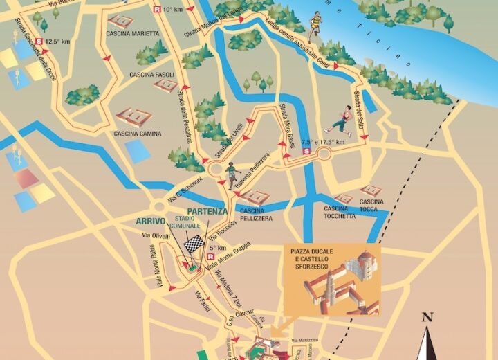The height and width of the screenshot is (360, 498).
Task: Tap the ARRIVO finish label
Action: pos(150,222)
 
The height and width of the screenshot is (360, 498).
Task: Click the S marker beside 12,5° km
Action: pos(39,42)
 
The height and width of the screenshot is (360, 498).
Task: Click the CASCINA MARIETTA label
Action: pos(133,33)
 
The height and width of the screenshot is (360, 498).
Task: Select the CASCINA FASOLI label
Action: pos(151,75)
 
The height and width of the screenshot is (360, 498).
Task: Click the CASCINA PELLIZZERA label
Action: pos(256,214)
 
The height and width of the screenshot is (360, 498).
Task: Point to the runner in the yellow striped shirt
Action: pos(315,24)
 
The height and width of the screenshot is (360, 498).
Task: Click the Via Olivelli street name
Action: pos(156,237)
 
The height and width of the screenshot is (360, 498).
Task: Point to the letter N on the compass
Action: pos(427,318)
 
